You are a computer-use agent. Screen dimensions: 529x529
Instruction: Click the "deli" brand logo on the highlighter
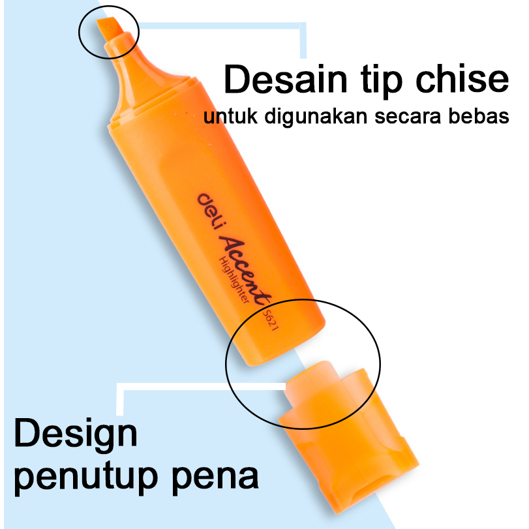click(x=209, y=209)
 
